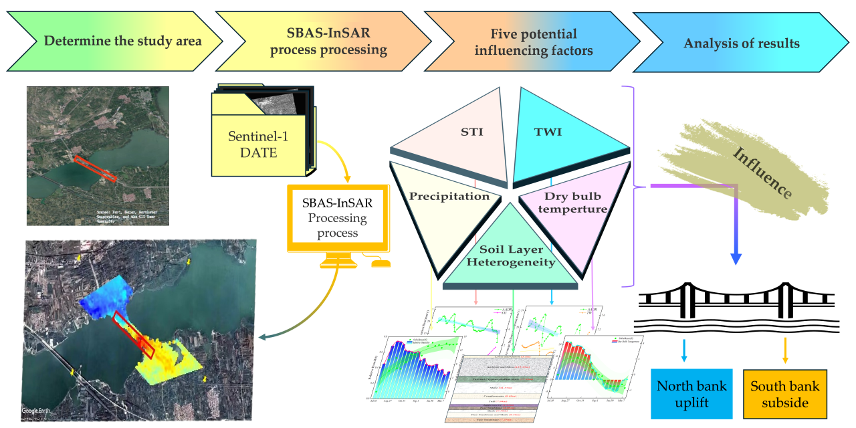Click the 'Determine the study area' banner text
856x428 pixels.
123,41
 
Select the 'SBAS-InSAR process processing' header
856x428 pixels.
328,40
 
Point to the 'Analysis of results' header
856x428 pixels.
741,43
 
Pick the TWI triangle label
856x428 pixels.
548,132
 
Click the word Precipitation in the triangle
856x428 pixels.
449,197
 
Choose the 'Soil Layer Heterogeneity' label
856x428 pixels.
511,254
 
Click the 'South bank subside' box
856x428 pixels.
785,395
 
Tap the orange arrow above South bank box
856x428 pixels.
785,350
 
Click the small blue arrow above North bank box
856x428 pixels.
684,350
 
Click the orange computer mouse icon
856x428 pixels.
381,263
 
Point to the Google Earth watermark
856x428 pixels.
37,410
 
